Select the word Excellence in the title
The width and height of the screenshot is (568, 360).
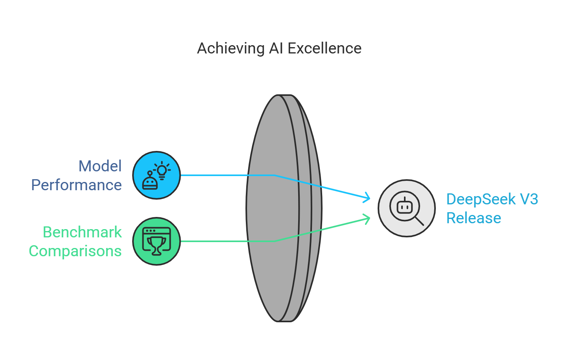tap(325, 49)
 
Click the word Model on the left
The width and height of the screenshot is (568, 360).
tap(100, 166)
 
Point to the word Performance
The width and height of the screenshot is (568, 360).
tap(76, 185)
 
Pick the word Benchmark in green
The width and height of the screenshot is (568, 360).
tap(82, 232)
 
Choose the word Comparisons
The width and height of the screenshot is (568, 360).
tap(75, 251)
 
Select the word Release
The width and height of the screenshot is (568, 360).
tap(474, 218)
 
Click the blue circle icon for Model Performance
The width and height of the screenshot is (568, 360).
tap(157, 175)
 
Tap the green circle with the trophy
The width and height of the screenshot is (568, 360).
tap(157, 241)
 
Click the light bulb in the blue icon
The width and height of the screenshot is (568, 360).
tap(162, 170)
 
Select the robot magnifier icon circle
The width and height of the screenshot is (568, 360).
tap(406, 208)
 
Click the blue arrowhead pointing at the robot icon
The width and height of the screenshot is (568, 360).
tap(367, 197)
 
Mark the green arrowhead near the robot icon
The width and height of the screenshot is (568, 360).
tap(367, 219)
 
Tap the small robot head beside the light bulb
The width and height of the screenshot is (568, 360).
tap(150, 182)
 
